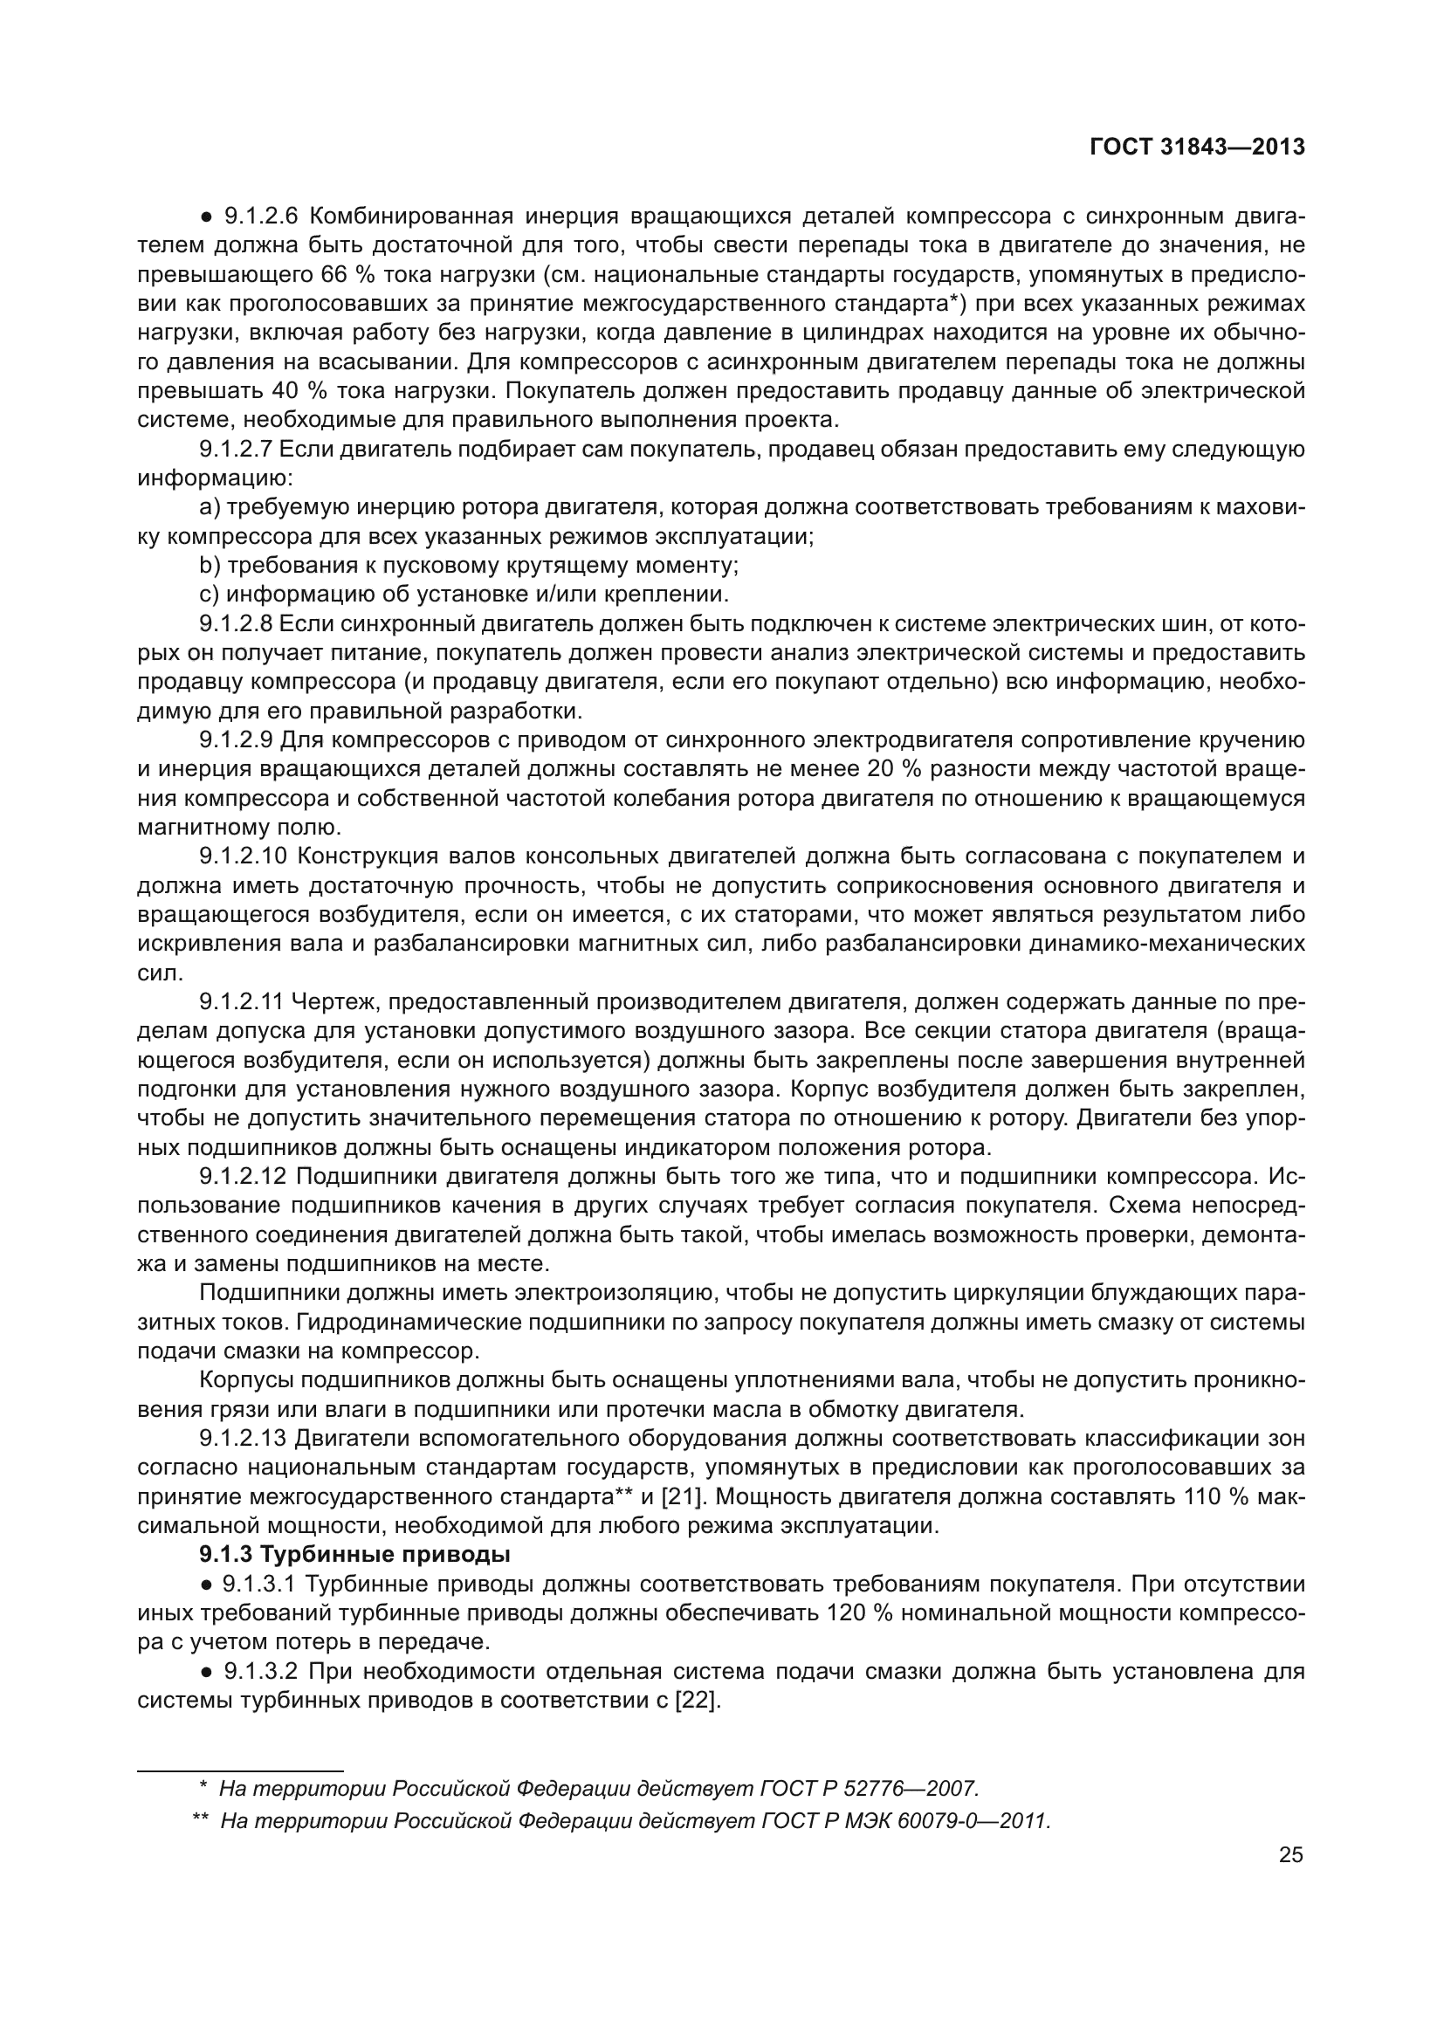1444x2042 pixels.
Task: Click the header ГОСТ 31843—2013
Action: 1197,147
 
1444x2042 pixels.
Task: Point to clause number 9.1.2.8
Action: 238,623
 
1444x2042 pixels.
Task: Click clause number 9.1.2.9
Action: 238,740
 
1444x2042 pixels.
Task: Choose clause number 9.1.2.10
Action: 243,856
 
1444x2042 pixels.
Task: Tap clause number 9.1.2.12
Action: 243,1177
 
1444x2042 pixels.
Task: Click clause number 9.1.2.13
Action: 243,1438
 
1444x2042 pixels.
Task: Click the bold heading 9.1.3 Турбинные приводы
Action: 354,1555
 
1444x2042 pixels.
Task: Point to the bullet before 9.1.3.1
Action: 205,1584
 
